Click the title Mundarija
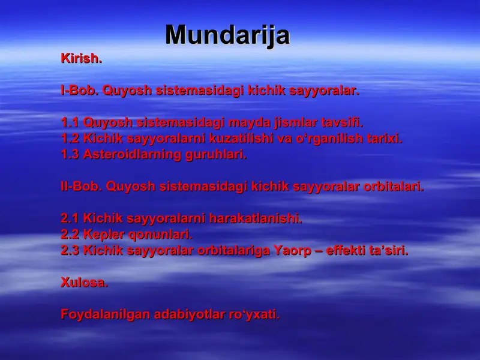click(227, 35)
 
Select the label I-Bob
click(80, 91)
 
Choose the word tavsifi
click(342, 123)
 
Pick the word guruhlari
click(217, 154)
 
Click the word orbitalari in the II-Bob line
click(394, 186)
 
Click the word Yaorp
click(292, 250)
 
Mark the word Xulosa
click(85, 283)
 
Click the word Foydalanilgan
click(105, 314)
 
